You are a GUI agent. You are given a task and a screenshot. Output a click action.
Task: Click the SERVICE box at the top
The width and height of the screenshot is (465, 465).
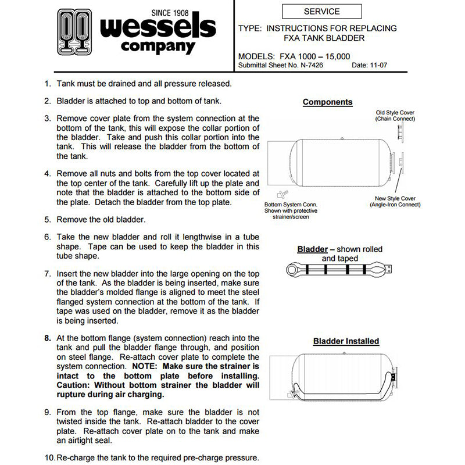[321, 11]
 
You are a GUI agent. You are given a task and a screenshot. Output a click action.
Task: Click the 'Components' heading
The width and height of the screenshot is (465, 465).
[327, 102]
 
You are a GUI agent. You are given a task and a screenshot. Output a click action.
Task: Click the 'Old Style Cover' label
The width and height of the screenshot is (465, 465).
[395, 115]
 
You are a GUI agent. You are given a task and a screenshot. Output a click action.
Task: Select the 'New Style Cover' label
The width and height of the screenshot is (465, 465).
[395, 201]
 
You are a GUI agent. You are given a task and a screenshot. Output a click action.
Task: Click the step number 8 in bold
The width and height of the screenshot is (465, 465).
[47, 338]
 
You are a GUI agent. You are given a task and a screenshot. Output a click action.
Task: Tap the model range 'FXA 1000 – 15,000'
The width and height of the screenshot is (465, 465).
[316, 56]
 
